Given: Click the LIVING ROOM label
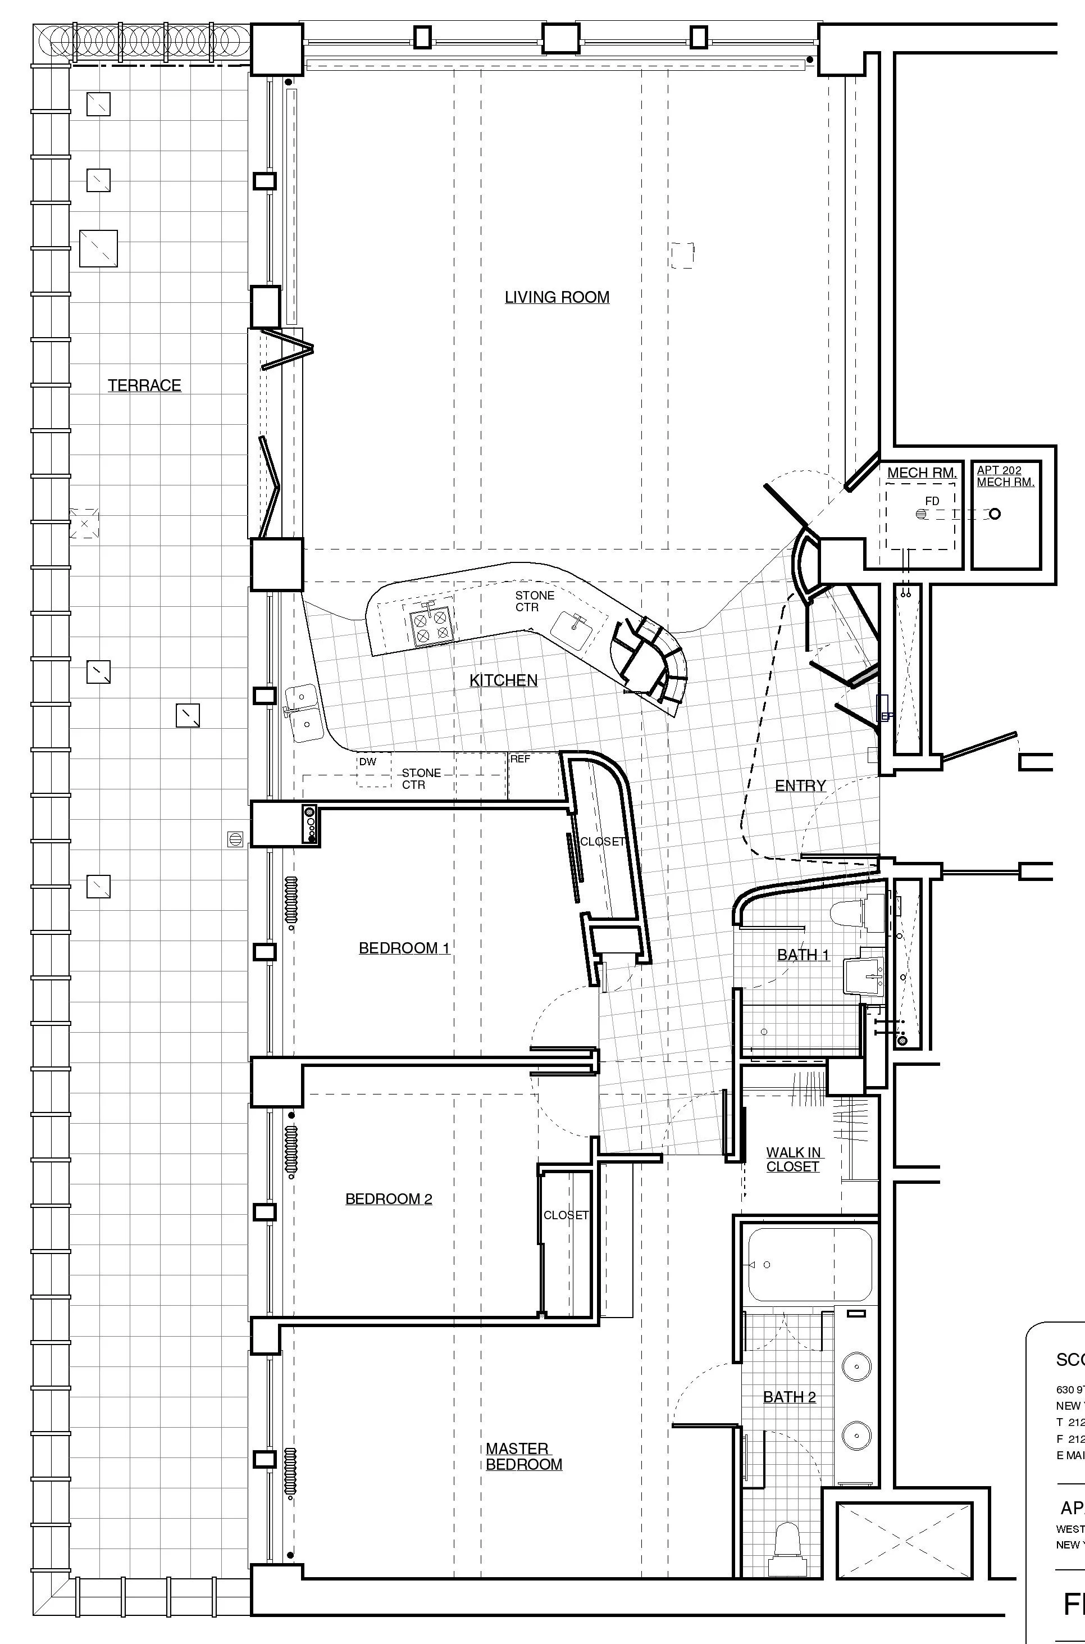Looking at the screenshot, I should point(557,297).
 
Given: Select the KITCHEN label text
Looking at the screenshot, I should point(503,680).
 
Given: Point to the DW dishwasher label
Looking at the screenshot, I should point(367,761).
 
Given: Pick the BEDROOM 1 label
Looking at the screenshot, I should point(404,948).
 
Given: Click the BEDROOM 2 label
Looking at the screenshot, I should point(388,1198).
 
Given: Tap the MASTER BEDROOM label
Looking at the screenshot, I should point(523,1456).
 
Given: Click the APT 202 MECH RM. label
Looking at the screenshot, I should point(1005,476).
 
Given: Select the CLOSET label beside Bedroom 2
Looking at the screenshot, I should point(566,1215).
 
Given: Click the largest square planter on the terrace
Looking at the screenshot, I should point(98,248).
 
